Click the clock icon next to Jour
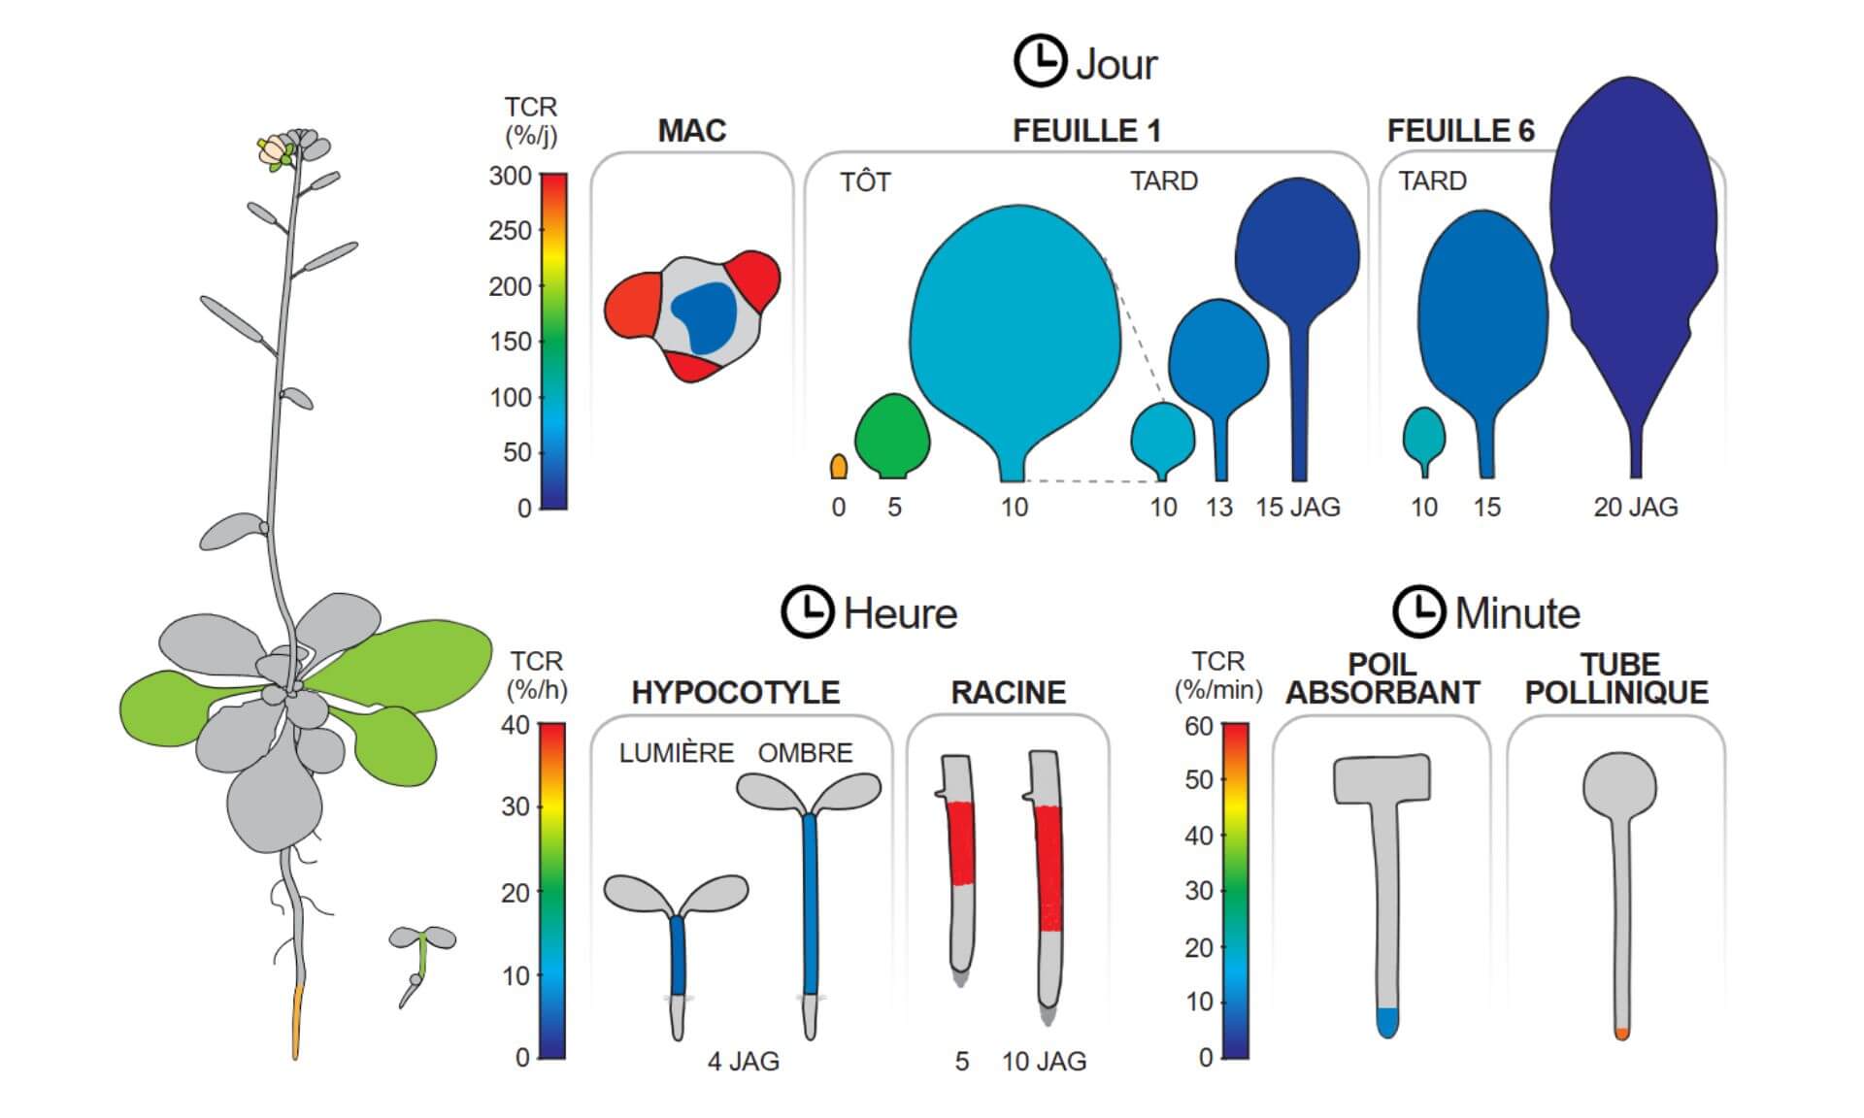[x=1040, y=61]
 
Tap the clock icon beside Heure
[x=807, y=611]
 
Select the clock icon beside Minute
[x=1418, y=611]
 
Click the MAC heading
[x=691, y=131]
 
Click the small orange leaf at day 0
[x=839, y=467]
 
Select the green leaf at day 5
[x=892, y=436]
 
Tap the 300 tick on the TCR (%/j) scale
[x=511, y=177]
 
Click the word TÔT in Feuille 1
[x=865, y=182]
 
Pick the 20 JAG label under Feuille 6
[x=1636, y=507]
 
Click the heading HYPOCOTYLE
[x=735, y=693]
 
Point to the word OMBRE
[x=805, y=753]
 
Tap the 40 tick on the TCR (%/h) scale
[x=516, y=725]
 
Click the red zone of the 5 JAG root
[x=961, y=842]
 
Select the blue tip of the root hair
[x=1387, y=1022]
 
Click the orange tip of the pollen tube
[x=1621, y=1034]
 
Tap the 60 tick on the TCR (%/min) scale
[x=1199, y=727]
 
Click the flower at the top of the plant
[x=277, y=151]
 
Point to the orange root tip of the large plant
[x=297, y=1019]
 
